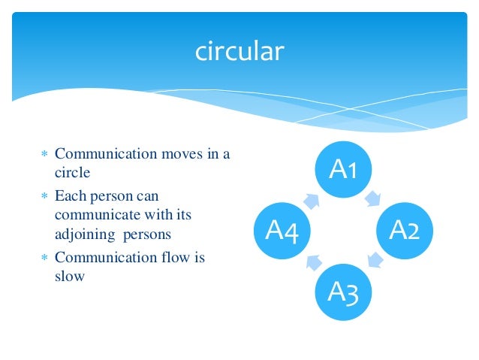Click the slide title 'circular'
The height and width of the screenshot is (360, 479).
(239, 51)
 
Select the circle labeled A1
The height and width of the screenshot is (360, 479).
(342, 171)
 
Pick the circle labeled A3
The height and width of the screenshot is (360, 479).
(342, 291)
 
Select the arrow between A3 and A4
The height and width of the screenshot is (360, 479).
(312, 262)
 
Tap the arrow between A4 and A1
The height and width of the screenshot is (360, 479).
(312, 200)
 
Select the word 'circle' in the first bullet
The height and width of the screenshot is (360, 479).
(73, 173)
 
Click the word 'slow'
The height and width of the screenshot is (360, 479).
(70, 276)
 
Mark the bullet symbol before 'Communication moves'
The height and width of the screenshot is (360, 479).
(44, 155)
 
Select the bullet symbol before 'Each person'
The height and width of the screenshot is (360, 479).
(44, 196)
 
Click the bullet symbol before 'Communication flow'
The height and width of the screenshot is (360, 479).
(44, 258)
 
